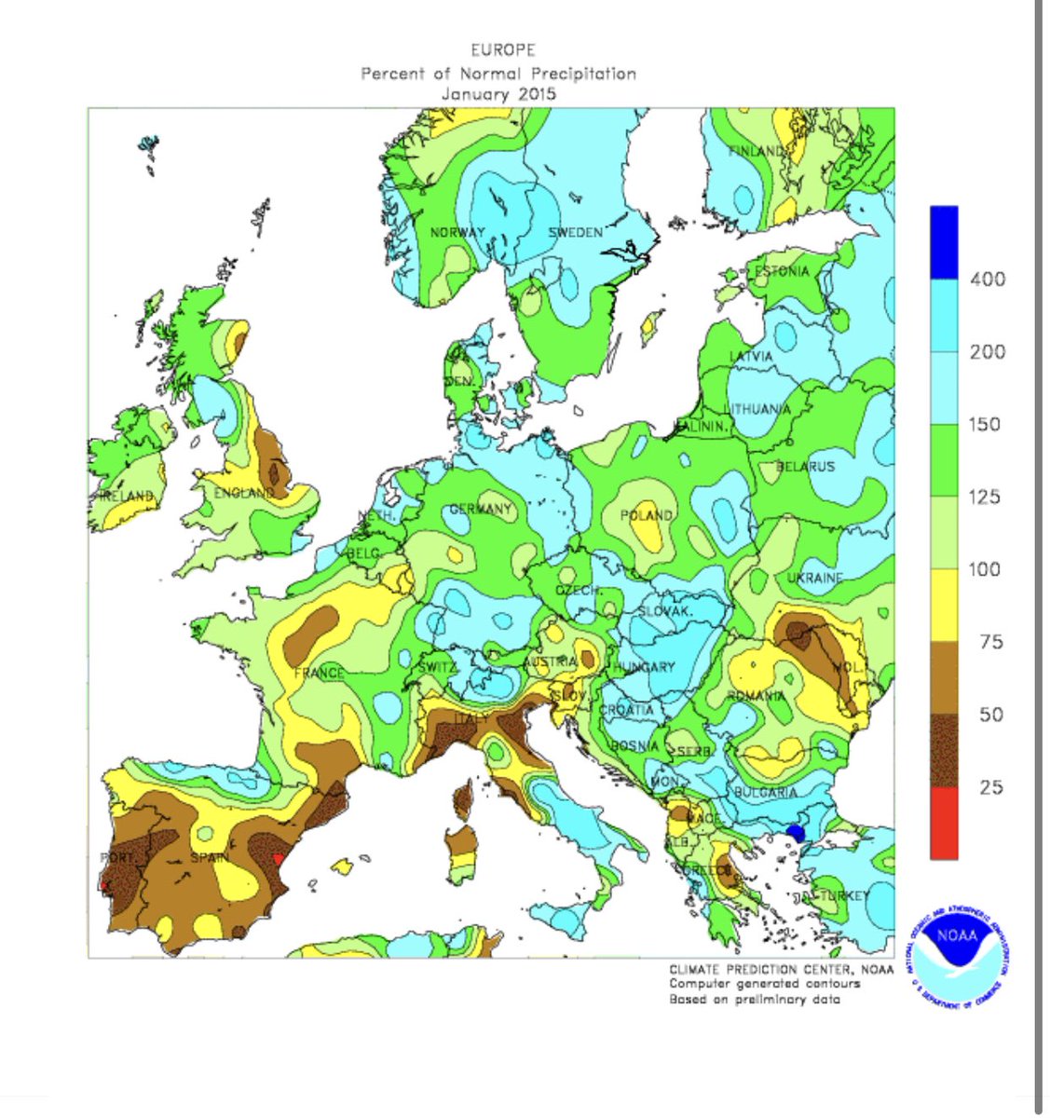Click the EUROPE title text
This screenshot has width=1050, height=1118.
point(503,50)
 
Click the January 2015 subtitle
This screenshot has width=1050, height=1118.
point(498,94)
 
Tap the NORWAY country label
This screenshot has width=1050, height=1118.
point(457,233)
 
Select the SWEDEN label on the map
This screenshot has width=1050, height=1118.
point(575,232)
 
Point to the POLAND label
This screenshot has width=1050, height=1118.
point(647,515)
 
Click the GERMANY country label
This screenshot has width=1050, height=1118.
point(481,510)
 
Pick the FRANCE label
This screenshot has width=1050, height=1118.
point(319,673)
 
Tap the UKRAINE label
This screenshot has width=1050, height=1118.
point(814,579)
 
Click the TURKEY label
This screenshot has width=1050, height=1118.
point(844,896)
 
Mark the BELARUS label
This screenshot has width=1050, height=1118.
point(807,466)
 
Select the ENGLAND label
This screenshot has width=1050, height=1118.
point(243,493)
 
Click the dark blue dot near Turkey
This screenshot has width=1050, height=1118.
point(795,832)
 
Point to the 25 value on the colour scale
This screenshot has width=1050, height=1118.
point(990,787)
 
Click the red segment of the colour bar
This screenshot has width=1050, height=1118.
point(943,823)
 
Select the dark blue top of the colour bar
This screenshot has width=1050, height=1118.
point(943,241)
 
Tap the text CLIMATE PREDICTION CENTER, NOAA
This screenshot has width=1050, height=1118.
point(781,970)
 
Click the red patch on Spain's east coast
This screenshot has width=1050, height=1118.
point(277,860)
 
